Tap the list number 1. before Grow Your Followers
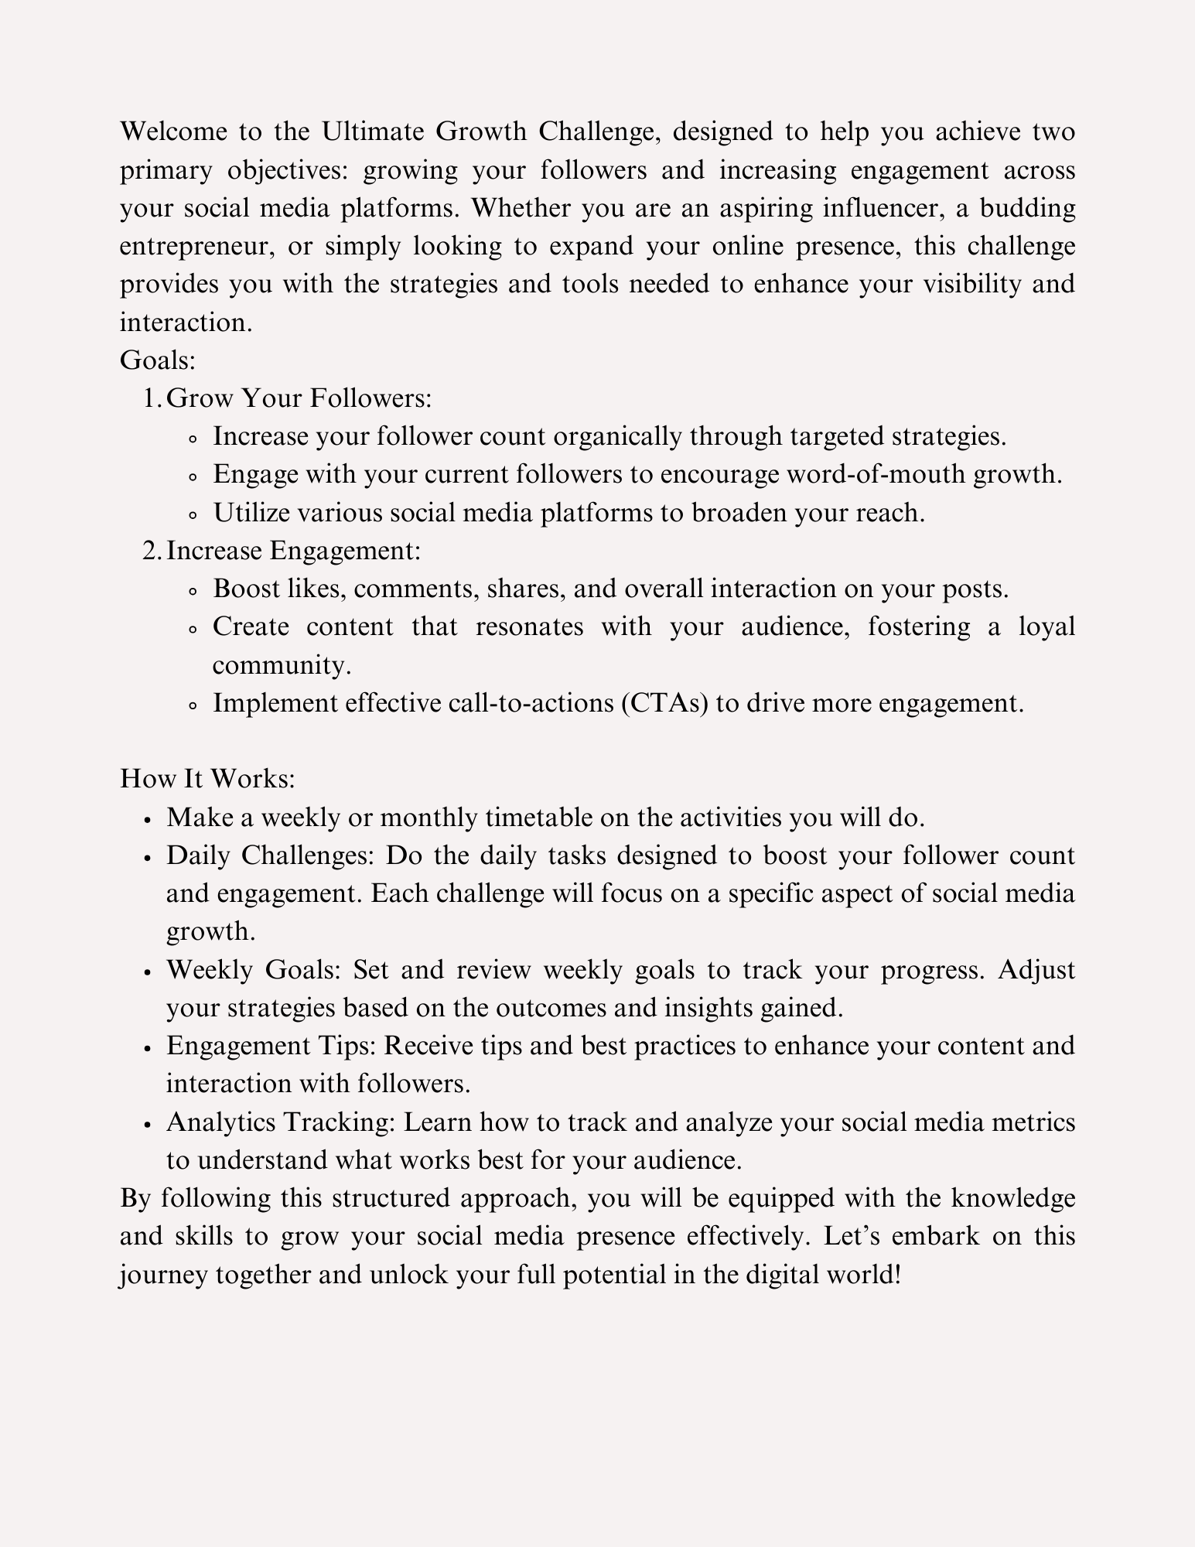[x=152, y=398]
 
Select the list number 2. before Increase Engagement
[x=152, y=551]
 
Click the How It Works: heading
[x=207, y=778]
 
